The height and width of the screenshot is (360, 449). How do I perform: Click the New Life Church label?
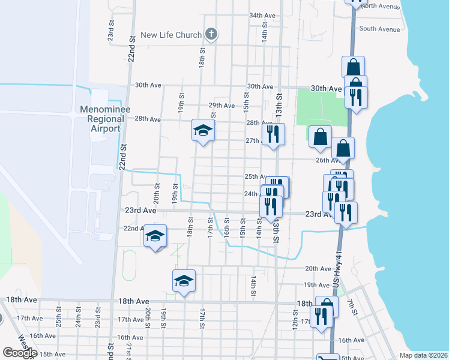171,35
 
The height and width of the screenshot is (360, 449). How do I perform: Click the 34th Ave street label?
262,16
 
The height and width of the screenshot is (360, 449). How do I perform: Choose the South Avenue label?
379,29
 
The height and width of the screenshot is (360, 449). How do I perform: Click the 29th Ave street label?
221,105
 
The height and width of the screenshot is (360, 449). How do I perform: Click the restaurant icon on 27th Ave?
273,134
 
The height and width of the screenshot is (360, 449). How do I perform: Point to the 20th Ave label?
318,269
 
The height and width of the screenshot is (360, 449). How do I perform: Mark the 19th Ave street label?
316,285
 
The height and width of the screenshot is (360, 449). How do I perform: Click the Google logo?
20,353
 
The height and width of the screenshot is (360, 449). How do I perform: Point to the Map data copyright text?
423,355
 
